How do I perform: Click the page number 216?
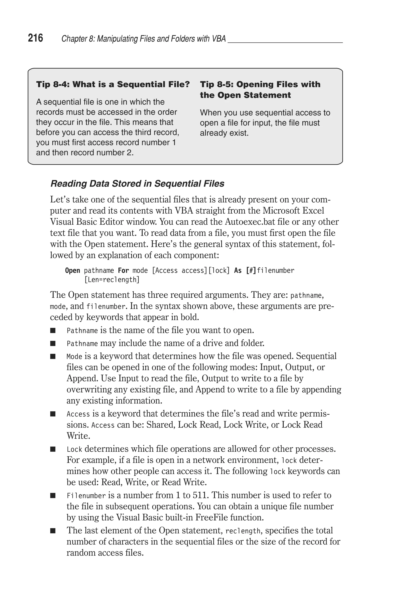click(x=35, y=38)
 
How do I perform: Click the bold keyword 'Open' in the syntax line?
click(x=72, y=271)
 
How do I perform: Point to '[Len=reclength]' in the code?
click(x=112, y=280)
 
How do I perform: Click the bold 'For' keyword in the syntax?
click(x=123, y=271)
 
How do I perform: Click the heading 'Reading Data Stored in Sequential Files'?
click(x=137, y=184)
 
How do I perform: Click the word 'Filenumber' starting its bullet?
click(x=86, y=495)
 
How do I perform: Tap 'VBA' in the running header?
click(x=219, y=39)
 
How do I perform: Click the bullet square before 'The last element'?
click(x=53, y=531)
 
